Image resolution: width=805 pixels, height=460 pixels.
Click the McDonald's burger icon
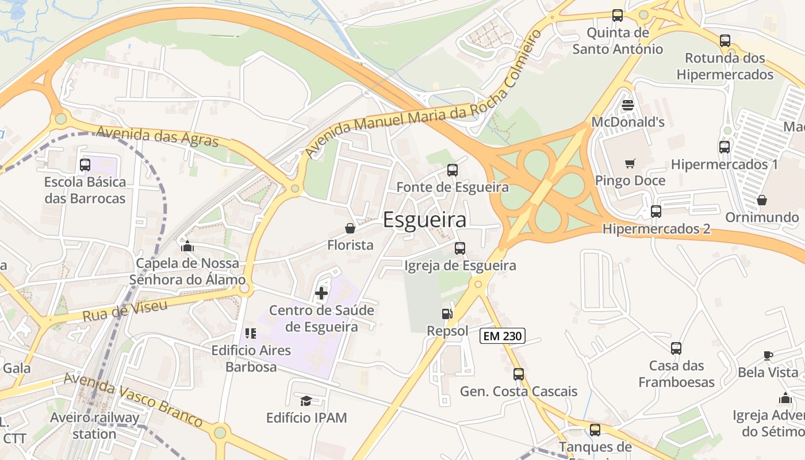point(628,105)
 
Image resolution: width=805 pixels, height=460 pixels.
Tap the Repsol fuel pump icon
point(447,314)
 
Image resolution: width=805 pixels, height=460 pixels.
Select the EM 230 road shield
point(503,336)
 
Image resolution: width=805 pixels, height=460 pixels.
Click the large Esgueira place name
point(424,220)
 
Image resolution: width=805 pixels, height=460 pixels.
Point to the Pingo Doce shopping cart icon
point(630,164)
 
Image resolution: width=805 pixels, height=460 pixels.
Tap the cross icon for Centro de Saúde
point(321,294)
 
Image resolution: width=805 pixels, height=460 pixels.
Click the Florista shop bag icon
point(350,228)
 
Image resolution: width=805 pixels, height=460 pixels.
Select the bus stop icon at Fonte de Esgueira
point(453,170)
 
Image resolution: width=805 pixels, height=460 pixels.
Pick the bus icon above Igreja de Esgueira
point(460,248)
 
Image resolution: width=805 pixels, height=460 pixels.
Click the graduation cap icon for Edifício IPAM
point(306,401)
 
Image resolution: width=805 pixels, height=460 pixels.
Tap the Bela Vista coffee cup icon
point(768,355)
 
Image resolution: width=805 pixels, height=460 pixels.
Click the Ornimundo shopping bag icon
point(762,200)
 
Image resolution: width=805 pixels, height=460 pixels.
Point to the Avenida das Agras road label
point(157,136)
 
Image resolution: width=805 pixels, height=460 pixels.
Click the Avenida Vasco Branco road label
point(133,400)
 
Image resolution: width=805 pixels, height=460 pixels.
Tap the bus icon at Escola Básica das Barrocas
point(85,165)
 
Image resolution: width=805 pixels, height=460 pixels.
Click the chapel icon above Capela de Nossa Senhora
point(187,247)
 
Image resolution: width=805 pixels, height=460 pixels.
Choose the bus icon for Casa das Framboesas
point(676,348)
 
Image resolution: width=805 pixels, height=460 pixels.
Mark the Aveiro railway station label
point(94,425)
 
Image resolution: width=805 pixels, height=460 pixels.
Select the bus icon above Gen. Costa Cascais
point(519,374)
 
